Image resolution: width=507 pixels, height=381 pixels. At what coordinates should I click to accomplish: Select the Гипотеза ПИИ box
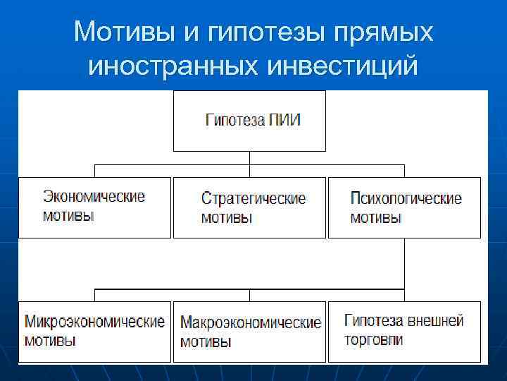pos(249,121)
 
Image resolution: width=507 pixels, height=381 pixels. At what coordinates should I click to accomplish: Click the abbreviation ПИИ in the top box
pos(285,119)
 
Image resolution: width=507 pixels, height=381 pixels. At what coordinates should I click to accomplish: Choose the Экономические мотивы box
pos(94,207)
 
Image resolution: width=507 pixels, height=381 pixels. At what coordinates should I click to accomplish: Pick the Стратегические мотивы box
pos(249,207)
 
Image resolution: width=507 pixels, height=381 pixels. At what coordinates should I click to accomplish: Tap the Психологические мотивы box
pos(404,207)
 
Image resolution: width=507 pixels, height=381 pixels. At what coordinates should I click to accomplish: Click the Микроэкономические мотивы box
pos(94,332)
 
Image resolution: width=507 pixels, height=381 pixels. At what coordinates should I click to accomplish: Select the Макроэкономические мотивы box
pos(249,332)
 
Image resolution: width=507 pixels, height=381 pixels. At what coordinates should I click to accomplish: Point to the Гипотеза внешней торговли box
pos(404,332)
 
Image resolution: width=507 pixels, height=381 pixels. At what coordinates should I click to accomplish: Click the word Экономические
pos(94,197)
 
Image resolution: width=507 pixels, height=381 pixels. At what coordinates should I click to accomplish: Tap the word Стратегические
pos(254,198)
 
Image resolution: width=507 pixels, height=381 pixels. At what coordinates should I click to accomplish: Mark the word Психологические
pos(406,198)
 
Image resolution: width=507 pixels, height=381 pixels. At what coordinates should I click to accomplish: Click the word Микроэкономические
pos(94,322)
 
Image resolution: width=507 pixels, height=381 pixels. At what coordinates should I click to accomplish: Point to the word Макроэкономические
pos(251,324)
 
